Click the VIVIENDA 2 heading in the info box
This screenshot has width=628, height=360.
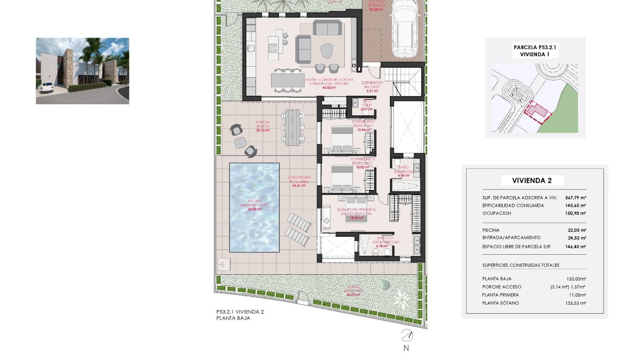click(532, 180)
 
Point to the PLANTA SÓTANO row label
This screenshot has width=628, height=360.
click(500, 303)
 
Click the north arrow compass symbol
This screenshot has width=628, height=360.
click(406, 335)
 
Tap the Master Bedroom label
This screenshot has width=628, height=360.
click(357, 212)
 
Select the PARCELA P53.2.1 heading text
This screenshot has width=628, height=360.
click(535, 48)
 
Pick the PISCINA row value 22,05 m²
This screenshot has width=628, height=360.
click(576, 230)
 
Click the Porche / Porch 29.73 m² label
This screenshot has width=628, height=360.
click(263, 126)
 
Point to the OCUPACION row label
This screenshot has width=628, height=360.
click(497, 213)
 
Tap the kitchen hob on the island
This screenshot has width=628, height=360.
click(274, 48)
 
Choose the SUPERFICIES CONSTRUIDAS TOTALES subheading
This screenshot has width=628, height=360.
click(520, 265)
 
